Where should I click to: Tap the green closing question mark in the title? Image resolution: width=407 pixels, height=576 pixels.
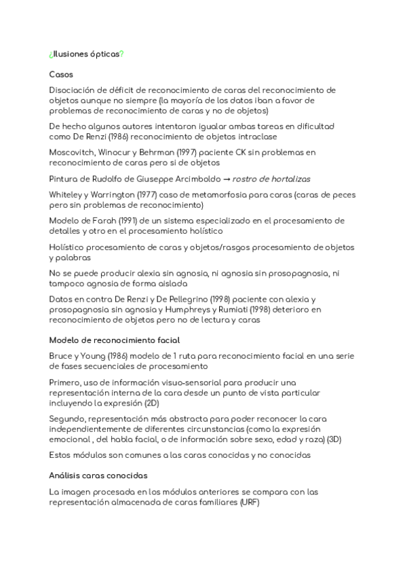click(121, 54)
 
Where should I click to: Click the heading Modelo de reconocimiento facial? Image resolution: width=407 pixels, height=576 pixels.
click(114, 340)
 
